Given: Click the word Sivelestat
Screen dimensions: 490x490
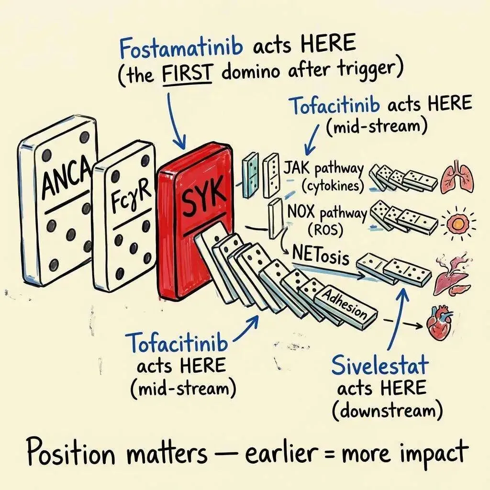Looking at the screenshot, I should (x=381, y=366).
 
